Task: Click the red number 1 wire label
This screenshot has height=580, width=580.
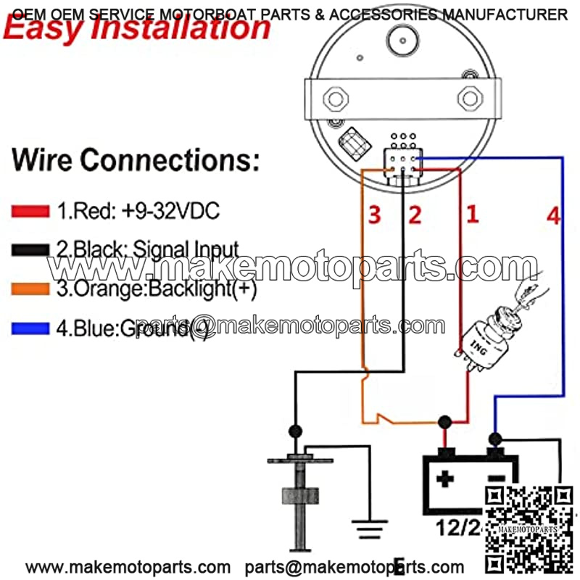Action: point(472,214)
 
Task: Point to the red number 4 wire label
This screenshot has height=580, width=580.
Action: point(553,215)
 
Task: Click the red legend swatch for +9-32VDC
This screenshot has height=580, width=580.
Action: point(30,212)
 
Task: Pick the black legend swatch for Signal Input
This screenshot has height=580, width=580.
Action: point(30,250)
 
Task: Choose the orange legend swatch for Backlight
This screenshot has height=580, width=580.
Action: point(30,289)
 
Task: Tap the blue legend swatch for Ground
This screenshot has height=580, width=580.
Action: point(30,328)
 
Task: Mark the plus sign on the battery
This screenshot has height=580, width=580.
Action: point(444,478)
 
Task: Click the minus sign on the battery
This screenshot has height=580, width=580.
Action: point(495,478)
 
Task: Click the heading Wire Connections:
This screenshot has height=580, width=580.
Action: point(136,159)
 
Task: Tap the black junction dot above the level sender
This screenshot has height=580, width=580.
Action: point(294,431)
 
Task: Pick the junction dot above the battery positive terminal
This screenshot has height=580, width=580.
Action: point(444,421)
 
